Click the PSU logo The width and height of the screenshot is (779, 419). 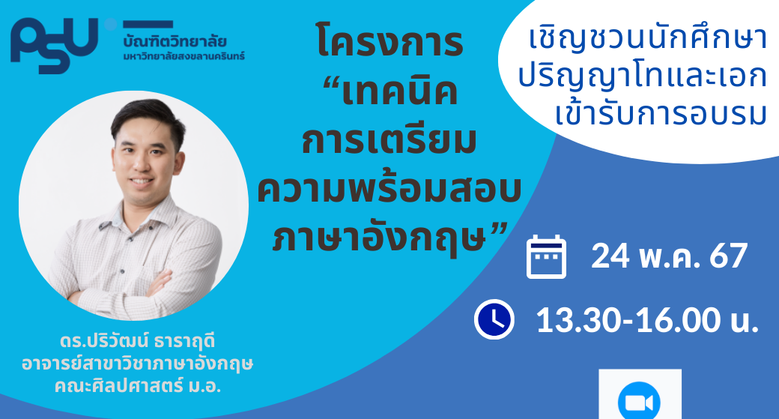(54, 45)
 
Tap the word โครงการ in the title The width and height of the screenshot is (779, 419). (390, 42)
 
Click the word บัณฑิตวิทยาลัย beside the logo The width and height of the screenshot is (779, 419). (175, 41)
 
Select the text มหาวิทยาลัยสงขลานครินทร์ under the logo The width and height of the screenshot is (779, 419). (184, 56)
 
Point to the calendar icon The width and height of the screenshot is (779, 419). (546, 256)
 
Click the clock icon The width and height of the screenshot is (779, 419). (494, 319)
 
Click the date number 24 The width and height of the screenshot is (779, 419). (610, 256)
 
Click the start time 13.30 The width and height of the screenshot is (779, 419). (578, 319)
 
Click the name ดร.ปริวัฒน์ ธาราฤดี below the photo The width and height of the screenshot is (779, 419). (138, 342)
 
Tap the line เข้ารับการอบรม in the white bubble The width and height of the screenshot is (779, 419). (661, 115)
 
